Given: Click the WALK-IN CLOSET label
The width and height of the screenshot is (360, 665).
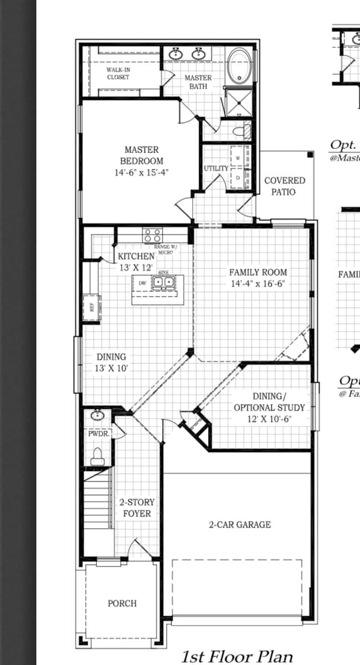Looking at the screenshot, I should coord(118,73).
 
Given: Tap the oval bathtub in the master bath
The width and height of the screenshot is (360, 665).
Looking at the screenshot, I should coord(240,65).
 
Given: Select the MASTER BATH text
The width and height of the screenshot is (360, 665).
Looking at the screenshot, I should coord(198,82).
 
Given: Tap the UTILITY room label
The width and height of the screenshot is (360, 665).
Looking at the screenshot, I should coord(215,168).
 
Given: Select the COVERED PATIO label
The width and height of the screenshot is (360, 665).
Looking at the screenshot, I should coord(284,186).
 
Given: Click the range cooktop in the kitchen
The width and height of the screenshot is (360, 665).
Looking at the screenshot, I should coord(152,235).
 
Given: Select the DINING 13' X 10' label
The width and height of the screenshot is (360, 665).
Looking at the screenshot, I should coord(111,362).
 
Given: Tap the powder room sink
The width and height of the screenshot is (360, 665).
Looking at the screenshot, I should coord(97,415).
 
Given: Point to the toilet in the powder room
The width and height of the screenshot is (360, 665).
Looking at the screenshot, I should coord(97,456).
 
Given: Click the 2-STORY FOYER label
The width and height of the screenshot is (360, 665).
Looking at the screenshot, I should coord(137,508).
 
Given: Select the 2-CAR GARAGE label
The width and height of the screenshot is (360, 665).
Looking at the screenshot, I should coord(240,524).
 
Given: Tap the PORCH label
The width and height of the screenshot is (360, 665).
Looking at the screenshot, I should coord(122,603).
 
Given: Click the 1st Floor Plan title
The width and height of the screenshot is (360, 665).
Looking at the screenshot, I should coord(237,657).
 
